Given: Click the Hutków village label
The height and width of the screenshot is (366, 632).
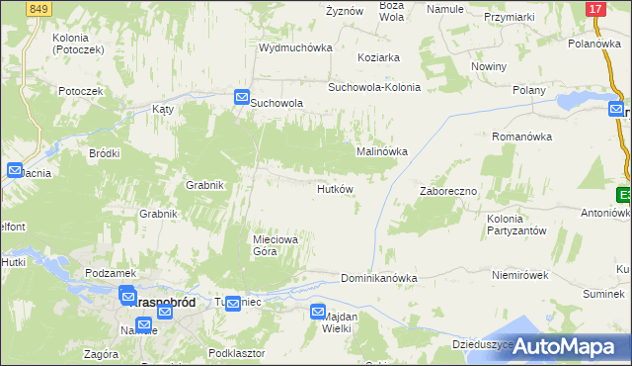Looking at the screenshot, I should [x=335, y=189].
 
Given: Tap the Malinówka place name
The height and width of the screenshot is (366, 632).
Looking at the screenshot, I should [x=381, y=151].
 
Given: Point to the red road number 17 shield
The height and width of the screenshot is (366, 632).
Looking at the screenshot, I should [x=594, y=9].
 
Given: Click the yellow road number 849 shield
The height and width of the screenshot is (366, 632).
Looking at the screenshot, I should [x=38, y=9].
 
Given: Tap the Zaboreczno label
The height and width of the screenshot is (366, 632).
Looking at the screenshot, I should [x=448, y=191].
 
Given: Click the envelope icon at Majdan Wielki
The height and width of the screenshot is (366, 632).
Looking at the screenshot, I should [x=318, y=312].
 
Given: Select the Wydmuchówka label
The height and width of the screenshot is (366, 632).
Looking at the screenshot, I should [x=295, y=47].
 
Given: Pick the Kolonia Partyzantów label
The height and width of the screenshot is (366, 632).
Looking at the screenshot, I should [x=516, y=224].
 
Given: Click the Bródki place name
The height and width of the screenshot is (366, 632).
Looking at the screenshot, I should [x=105, y=153].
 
